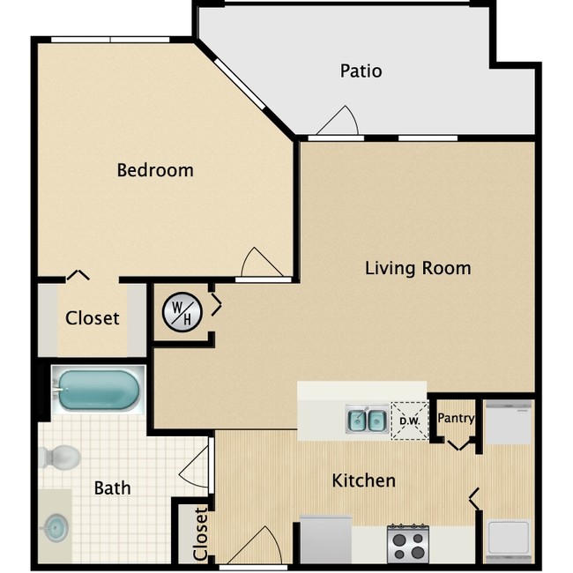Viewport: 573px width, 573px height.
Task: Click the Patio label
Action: click(x=361, y=71)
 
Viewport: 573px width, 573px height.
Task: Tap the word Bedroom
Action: click(x=155, y=170)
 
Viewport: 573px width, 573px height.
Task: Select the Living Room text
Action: click(x=418, y=267)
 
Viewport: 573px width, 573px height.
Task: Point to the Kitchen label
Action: click(x=363, y=480)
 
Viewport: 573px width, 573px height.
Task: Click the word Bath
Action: click(x=112, y=487)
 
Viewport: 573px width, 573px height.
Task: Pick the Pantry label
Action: click(x=457, y=418)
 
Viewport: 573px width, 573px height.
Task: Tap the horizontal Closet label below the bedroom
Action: click(x=93, y=317)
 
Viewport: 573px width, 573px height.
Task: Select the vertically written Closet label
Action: click(x=201, y=533)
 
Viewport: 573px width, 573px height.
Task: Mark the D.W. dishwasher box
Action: click(x=408, y=420)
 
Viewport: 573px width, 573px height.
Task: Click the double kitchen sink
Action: click(x=366, y=420)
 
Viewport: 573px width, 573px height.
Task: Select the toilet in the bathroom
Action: click(x=60, y=457)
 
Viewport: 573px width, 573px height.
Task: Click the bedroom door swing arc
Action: click(x=260, y=263)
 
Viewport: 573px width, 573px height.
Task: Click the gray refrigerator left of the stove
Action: click(x=326, y=537)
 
